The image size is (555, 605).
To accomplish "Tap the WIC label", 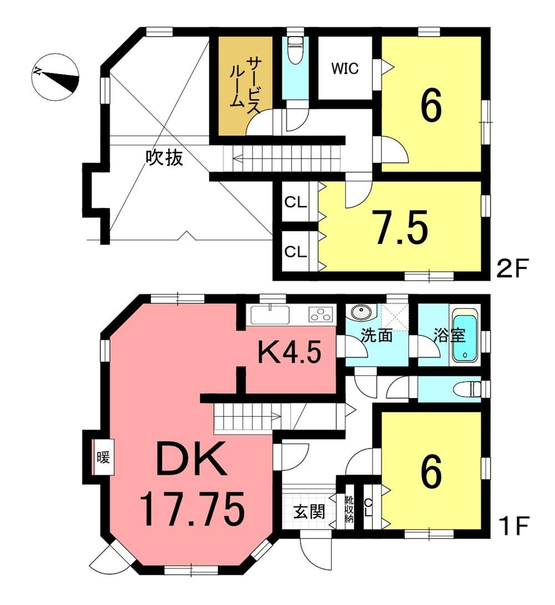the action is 345,68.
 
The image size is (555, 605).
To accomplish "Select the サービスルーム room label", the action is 243,85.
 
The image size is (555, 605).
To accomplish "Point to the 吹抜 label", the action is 164,157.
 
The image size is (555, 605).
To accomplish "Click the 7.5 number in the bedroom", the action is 402,227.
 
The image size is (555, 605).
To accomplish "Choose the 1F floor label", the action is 512,525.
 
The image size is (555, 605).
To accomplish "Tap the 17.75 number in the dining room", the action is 192,509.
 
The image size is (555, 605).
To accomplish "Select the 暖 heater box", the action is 103,457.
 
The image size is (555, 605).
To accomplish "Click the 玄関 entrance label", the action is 309,512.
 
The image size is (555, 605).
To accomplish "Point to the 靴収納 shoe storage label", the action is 349,509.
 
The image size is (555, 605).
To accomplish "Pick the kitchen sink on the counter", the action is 270,314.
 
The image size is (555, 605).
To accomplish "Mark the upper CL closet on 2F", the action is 295,202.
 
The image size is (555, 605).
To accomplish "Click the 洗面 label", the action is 376,335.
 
